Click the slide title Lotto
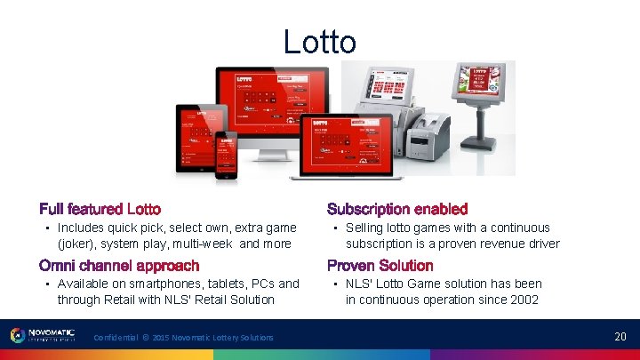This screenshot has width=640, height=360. (x=319, y=42)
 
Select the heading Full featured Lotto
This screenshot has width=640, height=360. (x=100, y=209)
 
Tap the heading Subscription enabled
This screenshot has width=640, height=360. (x=396, y=209)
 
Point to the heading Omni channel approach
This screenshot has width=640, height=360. (x=119, y=265)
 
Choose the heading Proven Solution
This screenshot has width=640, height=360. (x=380, y=265)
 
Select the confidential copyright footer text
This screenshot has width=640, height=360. (x=183, y=337)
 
